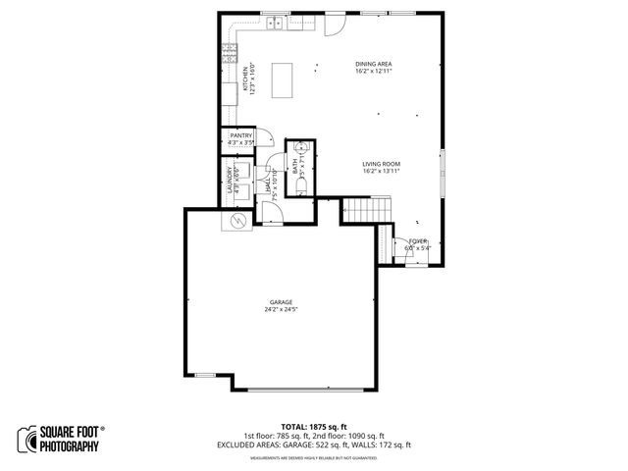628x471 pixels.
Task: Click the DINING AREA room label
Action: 373,64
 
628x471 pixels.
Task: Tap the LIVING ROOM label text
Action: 379,165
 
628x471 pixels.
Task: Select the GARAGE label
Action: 281,301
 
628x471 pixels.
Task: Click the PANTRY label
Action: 241,135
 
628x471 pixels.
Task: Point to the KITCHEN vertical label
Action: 232,79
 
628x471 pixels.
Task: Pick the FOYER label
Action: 418,240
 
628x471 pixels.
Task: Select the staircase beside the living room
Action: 366,208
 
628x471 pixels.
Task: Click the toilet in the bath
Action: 302,184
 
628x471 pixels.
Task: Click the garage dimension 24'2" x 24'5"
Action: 281,309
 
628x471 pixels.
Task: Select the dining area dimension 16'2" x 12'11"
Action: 373,71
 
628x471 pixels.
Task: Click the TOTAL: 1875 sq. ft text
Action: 314,428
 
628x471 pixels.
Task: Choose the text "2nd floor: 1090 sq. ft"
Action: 349,437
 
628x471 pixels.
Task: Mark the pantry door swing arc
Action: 261,138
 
